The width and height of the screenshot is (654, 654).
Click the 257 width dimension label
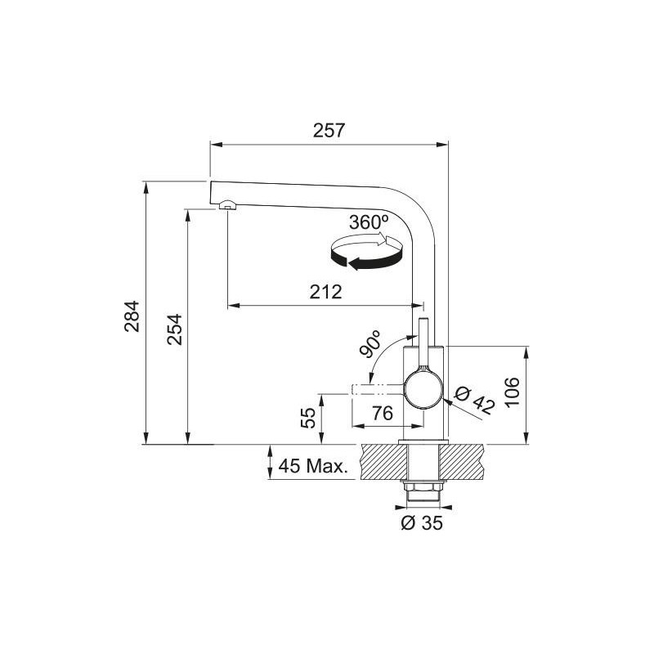click(x=329, y=130)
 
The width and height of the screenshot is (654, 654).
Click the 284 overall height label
click(x=132, y=316)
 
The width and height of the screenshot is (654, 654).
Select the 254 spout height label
click(x=175, y=329)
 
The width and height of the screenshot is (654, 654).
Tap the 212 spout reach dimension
click(x=325, y=292)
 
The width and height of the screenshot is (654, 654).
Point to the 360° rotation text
click(x=369, y=222)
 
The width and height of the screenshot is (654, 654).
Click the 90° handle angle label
click(x=370, y=343)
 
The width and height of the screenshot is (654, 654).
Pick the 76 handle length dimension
click(x=383, y=413)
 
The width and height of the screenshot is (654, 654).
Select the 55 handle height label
click(x=308, y=418)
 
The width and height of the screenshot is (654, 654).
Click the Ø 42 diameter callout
click(x=475, y=401)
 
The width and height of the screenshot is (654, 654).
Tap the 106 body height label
click(x=512, y=392)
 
